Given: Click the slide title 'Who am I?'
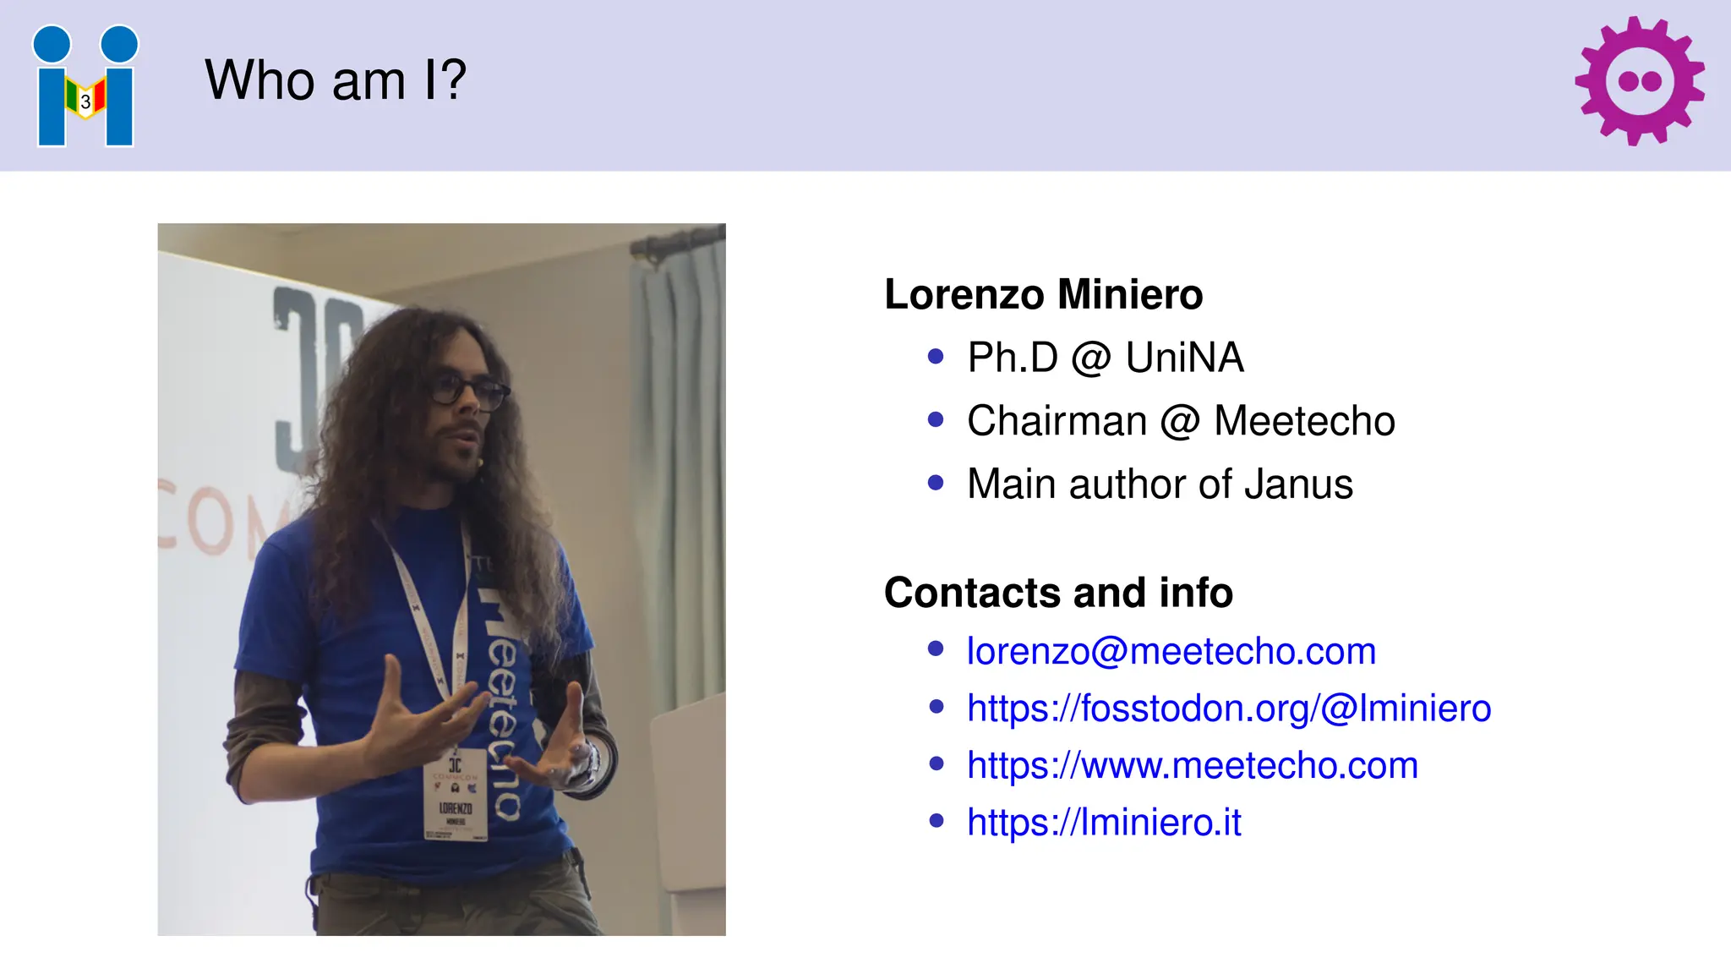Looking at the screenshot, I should (336, 80).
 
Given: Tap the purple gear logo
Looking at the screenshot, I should (1639, 81).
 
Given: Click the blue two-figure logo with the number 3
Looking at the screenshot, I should (85, 86).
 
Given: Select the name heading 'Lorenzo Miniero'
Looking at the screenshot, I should (1043, 294).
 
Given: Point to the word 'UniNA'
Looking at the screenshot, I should (1184, 358).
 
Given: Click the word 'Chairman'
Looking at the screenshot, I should (1057, 421).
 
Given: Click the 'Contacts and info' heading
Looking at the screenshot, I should (1058, 592).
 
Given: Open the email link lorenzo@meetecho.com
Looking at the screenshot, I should (1171, 651).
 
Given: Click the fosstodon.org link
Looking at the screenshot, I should (1229, 709).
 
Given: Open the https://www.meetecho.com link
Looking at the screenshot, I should (1192, 765).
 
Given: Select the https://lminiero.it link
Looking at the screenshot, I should (1104, 822).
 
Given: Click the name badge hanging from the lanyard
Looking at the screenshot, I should (456, 794).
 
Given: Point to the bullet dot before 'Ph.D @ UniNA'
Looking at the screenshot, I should (936, 357).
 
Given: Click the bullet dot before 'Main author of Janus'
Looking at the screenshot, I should (936, 483).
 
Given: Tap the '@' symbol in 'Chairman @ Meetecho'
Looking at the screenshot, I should (1180, 421).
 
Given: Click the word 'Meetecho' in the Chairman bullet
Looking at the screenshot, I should (1304, 421).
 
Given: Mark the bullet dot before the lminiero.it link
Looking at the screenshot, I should (936, 820).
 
